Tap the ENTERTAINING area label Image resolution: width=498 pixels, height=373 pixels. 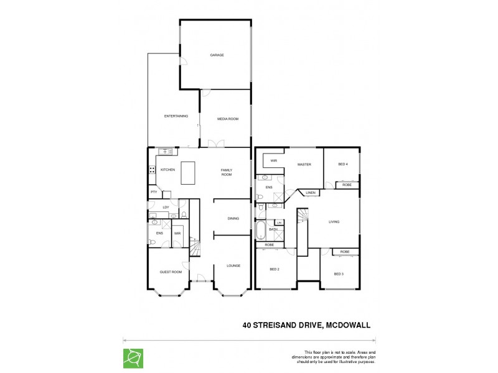pyautogui.click(x=176, y=116)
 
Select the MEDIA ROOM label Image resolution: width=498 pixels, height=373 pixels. pyautogui.click(x=227, y=119)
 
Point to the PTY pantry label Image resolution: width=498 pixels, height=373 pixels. pyautogui.click(x=154, y=193)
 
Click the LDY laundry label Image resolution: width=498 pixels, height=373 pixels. pyautogui.click(x=166, y=207)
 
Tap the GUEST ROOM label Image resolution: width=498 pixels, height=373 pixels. pyautogui.click(x=171, y=272)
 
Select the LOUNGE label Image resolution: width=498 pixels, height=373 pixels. pyautogui.click(x=233, y=265)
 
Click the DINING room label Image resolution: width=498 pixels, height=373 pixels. pyautogui.click(x=233, y=218)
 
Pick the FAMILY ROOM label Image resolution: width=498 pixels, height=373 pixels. pyautogui.click(x=227, y=172)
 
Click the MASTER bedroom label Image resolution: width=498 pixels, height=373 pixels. pyautogui.click(x=304, y=164)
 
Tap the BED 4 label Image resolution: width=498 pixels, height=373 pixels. pyautogui.click(x=343, y=164)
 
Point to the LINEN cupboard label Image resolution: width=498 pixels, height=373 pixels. pyautogui.click(x=311, y=193)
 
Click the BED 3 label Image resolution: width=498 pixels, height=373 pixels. pyautogui.click(x=339, y=274)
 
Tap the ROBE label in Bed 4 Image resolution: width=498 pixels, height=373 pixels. pyautogui.click(x=347, y=185)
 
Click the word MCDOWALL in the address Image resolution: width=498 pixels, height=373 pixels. pyautogui.click(x=347, y=324)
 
